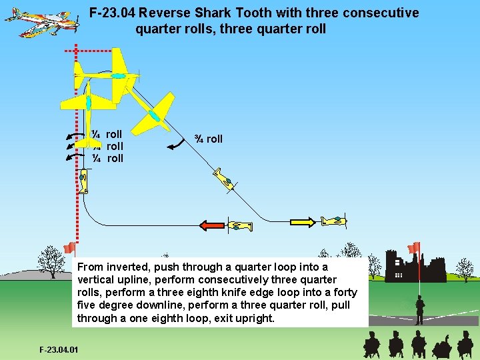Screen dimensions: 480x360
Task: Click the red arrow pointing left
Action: coord(212,225)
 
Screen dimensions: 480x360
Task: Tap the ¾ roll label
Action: coord(208,139)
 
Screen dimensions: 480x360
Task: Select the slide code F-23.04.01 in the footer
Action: coord(59,349)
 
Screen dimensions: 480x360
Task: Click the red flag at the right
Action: coord(414,248)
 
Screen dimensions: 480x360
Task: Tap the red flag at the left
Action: coord(69,248)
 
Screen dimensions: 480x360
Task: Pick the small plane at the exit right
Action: coord(333,221)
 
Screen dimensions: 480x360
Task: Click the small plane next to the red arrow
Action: coord(240,226)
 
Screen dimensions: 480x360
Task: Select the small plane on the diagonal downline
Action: coord(225,179)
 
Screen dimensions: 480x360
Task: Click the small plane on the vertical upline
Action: coord(83,182)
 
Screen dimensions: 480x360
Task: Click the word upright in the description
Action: coord(254,318)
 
